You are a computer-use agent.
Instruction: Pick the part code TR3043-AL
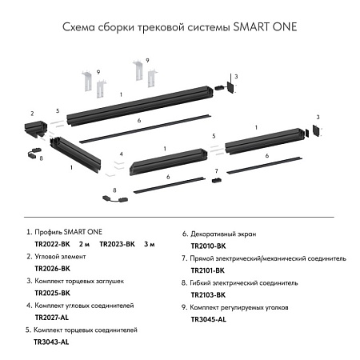[52, 342]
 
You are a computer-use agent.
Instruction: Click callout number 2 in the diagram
[32, 114]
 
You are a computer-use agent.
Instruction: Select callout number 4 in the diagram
[121, 153]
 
